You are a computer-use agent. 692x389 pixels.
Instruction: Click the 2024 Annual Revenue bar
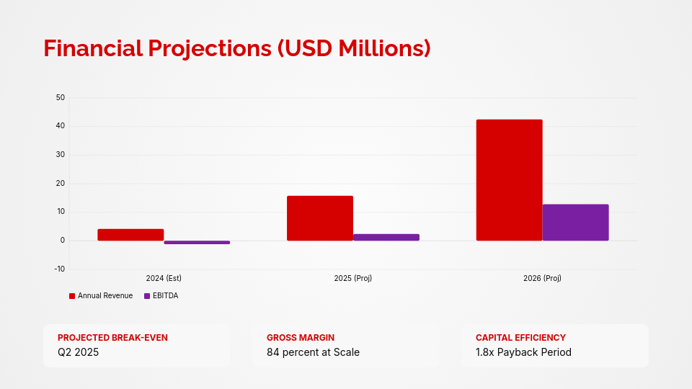pos(130,235)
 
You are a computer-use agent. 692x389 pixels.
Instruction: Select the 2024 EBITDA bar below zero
pos(197,243)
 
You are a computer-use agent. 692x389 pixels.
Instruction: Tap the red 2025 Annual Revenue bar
pos(320,218)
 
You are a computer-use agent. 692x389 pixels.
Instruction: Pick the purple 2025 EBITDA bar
pos(386,237)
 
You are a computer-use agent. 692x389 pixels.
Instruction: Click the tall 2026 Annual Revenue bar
pos(509,180)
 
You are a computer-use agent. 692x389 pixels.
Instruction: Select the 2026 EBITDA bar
pos(575,223)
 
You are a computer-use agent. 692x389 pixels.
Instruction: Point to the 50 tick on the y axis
pos(60,97)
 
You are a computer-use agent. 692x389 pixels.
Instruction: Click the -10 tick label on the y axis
pos(58,269)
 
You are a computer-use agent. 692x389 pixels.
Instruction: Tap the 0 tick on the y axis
pos(62,241)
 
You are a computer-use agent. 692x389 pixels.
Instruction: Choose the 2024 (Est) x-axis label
pos(164,278)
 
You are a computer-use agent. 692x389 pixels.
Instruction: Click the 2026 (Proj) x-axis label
pos(542,278)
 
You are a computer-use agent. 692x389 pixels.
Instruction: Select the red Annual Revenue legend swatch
pos(72,296)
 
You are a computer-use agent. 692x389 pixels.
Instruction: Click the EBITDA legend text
pos(165,296)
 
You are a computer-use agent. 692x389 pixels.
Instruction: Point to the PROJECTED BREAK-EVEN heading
pos(112,337)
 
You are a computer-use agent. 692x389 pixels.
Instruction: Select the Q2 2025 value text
pos(78,352)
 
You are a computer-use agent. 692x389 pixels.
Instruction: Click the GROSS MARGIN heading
pos(301,337)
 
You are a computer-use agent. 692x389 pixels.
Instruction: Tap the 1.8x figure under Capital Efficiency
pos(485,352)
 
